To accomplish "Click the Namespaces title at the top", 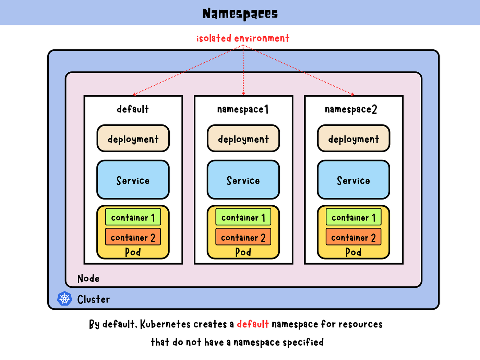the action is pyautogui.click(x=240, y=14).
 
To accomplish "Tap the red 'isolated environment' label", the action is pyautogui.click(x=243, y=38).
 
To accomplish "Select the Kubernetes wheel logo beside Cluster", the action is pyautogui.click(x=64, y=298).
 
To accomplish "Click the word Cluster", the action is pyautogui.click(x=93, y=299).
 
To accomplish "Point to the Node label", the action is pyautogui.click(x=88, y=278).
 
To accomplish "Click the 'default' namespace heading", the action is pyautogui.click(x=133, y=109).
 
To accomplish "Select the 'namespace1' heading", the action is pyautogui.click(x=243, y=109).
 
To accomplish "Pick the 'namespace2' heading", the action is pyautogui.click(x=351, y=109).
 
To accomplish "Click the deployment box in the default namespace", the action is pyautogui.click(x=133, y=138).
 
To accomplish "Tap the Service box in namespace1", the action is pyautogui.click(x=243, y=180).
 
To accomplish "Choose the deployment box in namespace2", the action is pyautogui.click(x=353, y=138).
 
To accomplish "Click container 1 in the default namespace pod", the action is pyautogui.click(x=133, y=217).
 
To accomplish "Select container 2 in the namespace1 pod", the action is pyautogui.click(x=243, y=237).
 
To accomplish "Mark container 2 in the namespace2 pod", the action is pyautogui.click(x=353, y=237).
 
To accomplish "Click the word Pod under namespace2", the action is pyautogui.click(x=353, y=252).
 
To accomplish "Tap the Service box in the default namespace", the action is pyautogui.click(x=133, y=180).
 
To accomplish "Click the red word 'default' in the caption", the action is pyautogui.click(x=253, y=324).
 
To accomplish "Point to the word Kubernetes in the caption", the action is pyautogui.click(x=165, y=324).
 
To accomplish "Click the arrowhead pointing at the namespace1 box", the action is pyautogui.click(x=243, y=94).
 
